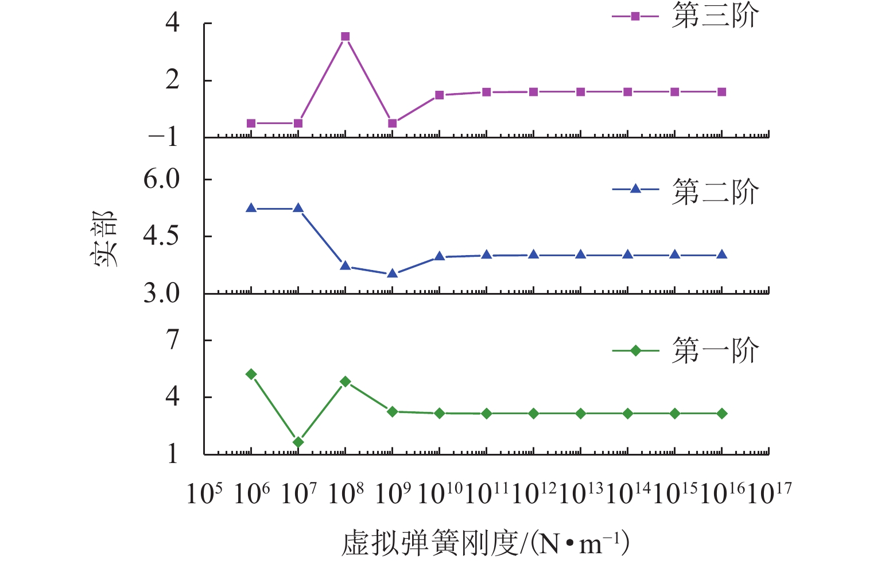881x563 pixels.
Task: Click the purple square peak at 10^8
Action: point(345,37)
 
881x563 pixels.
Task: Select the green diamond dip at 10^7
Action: point(298,442)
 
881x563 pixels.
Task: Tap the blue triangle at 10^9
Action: point(393,273)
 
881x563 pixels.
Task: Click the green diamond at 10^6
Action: point(251,375)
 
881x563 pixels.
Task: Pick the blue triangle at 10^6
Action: point(251,208)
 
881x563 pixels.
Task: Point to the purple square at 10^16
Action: point(722,92)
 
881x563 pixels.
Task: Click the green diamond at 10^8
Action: point(345,381)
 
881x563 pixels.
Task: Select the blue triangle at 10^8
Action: point(345,265)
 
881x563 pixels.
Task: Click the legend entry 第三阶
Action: point(715,16)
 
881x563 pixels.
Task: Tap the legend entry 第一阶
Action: point(715,350)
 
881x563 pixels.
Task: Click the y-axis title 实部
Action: point(105,238)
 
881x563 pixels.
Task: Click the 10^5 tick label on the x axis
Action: point(204,493)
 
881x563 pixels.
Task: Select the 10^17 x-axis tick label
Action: point(769,493)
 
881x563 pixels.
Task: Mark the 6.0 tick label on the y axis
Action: point(161,179)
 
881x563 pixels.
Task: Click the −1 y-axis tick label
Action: point(164,137)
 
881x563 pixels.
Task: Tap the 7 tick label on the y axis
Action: point(173,340)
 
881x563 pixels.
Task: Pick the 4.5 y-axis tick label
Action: point(161,236)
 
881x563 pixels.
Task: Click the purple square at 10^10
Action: point(440,95)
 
